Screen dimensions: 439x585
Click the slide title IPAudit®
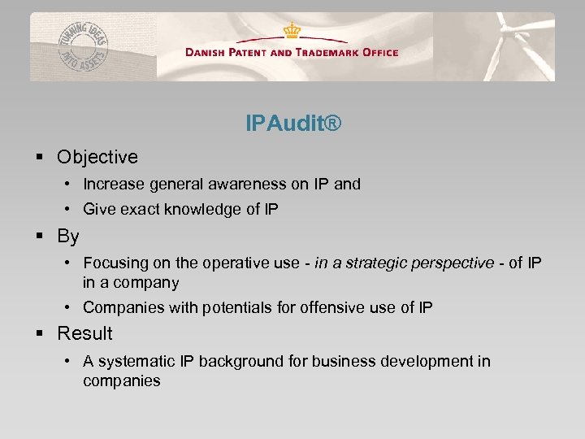[292, 124]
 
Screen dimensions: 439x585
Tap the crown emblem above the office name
[292, 31]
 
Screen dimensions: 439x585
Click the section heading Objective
[97, 157]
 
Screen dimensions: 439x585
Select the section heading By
[68, 237]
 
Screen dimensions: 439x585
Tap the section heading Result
[84, 333]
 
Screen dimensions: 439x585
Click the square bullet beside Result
[39, 333]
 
